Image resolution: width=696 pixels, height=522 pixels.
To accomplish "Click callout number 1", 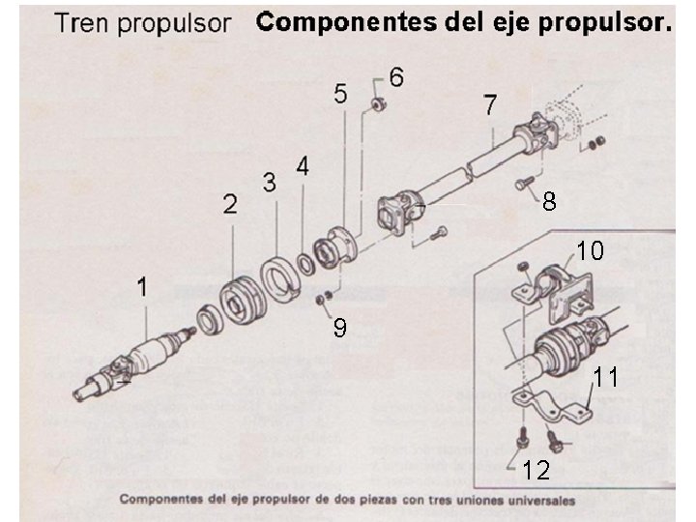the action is pyautogui.click(x=142, y=287).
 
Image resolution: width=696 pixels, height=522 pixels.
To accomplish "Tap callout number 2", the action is pyautogui.click(x=230, y=203).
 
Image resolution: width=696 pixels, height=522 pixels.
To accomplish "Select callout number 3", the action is pyautogui.click(x=270, y=181).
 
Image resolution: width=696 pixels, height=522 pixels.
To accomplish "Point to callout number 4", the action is pyautogui.click(x=303, y=166).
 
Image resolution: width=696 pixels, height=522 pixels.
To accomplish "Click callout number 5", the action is pyautogui.click(x=340, y=94).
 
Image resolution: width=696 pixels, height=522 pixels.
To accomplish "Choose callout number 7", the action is pyautogui.click(x=490, y=103).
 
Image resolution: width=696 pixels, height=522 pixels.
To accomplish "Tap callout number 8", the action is pyautogui.click(x=549, y=201).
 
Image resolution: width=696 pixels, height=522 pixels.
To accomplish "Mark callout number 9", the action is pyautogui.click(x=339, y=329).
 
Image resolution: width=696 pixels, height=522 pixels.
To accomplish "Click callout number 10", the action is pyautogui.click(x=590, y=251).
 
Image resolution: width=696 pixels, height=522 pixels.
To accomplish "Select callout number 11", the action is pyautogui.click(x=606, y=377).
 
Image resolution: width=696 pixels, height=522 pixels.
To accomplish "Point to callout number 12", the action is pyautogui.click(x=536, y=471).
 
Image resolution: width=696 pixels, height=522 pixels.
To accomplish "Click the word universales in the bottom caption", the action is pyautogui.click(x=536, y=501).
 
